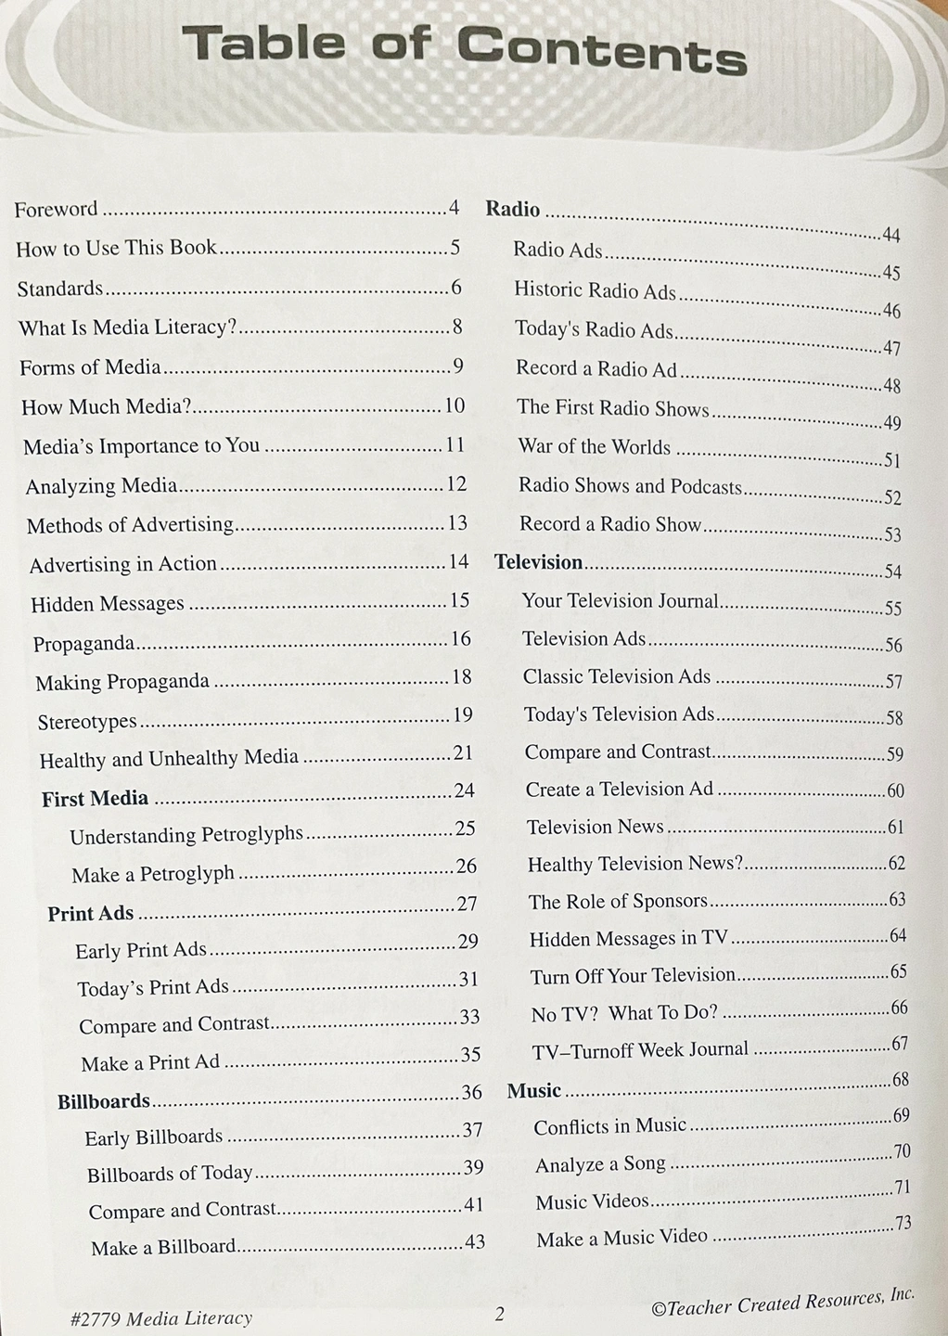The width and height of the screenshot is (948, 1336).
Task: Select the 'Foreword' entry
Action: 56,209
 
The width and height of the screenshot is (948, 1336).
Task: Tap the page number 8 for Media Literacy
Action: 457,327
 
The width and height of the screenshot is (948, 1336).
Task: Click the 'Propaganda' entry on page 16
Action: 83,643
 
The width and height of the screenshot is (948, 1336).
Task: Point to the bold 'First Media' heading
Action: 95,798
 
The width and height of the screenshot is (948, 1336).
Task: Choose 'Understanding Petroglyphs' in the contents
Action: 186,835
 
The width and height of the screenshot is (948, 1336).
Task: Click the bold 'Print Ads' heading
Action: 91,913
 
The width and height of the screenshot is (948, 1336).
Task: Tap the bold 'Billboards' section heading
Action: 104,1101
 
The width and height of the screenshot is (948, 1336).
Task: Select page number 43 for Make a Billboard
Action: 475,1241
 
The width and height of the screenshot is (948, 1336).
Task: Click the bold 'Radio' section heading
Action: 513,209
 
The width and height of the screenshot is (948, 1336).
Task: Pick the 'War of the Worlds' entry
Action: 595,446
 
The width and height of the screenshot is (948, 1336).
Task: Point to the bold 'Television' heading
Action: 539,562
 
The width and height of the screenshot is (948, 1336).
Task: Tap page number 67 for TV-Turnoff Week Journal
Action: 900,1044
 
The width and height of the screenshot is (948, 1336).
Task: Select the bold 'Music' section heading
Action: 534,1091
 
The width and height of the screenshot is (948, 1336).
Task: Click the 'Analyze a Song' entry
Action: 600,1164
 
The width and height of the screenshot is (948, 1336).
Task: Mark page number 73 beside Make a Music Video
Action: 903,1224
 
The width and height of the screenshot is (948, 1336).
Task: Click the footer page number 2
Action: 499,1314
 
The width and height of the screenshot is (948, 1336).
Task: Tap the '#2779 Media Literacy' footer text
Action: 160,1317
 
